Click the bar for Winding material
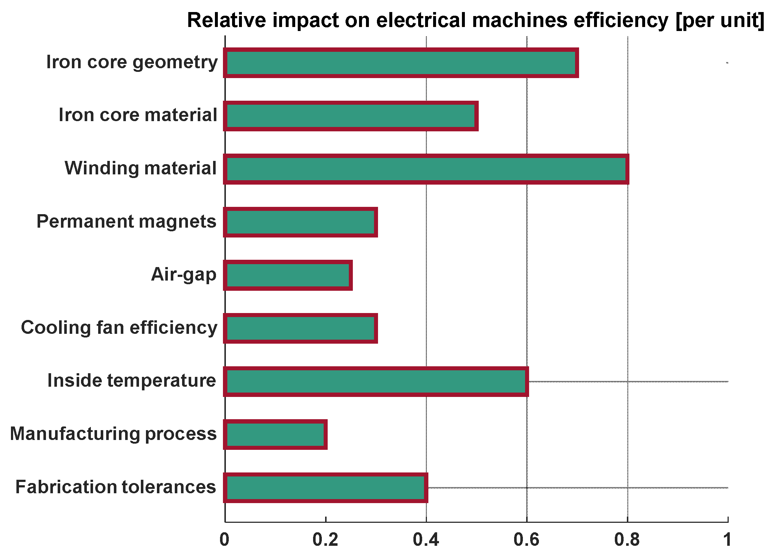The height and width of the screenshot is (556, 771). [426, 169]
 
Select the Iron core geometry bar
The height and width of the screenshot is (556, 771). [401, 63]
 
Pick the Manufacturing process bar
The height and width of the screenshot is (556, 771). [275, 435]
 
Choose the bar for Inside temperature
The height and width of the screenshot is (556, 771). [376, 382]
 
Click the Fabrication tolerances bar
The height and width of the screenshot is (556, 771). [325, 488]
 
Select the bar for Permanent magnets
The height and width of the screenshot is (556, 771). [301, 223]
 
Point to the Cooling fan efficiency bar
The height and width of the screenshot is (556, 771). [301, 328]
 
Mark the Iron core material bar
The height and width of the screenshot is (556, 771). [351, 116]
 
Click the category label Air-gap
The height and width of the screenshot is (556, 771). [184, 275]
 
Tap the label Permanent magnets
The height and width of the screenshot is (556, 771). [126, 221]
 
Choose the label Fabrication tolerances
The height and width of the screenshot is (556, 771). [116, 487]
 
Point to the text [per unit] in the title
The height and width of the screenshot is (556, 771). [720, 20]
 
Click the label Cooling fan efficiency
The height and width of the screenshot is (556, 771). [119, 328]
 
